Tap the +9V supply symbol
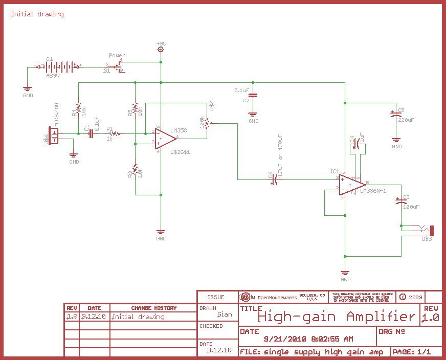pyautogui.click(x=161, y=49)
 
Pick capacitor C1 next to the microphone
pyautogui.click(x=91, y=134)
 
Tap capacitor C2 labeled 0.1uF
pyautogui.click(x=254, y=95)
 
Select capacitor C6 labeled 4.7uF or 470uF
pyautogui.click(x=274, y=179)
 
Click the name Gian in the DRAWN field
pyautogui.click(x=225, y=314)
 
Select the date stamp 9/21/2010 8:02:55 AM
pyautogui.click(x=308, y=339)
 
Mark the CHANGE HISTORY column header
pyautogui.click(x=153, y=308)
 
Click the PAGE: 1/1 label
pyautogui.click(x=413, y=352)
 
